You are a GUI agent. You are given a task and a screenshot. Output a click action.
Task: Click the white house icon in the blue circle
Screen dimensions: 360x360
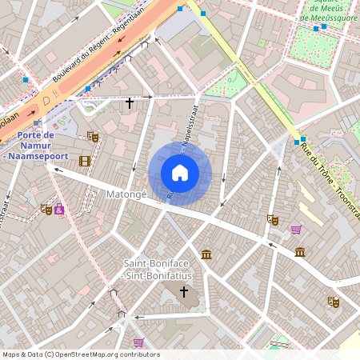pyautogui.click(x=180, y=173)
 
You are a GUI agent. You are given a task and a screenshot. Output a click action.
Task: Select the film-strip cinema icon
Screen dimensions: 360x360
pyautogui.click(x=85, y=161)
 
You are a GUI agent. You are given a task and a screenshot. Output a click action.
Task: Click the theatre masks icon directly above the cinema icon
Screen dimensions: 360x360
pyautogui.click(x=93, y=137)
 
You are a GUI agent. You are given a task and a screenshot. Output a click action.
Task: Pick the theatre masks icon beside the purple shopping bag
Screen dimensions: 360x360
pyautogui.click(x=46, y=210)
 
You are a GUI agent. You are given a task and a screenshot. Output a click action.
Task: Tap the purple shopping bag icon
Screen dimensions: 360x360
pyautogui.click(x=60, y=210)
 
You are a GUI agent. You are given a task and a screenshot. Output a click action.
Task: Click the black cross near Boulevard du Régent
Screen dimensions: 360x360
pyautogui.click(x=130, y=103)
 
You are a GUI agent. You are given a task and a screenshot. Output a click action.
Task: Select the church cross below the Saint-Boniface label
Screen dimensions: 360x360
pyautogui.click(x=184, y=293)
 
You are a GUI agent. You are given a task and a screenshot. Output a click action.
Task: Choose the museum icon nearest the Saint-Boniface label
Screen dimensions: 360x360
pyautogui.click(x=206, y=254)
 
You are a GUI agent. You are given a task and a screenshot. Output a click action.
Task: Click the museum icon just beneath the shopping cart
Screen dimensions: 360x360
pyautogui.click(x=299, y=253)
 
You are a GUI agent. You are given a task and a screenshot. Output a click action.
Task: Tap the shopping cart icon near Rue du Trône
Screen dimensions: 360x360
pyautogui.click(x=297, y=230)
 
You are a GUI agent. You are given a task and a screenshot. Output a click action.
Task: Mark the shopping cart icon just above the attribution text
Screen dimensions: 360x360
pyautogui.click(x=138, y=342)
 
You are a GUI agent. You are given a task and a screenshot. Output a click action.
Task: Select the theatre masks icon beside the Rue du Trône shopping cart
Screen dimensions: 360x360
pyautogui.click(x=273, y=218)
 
